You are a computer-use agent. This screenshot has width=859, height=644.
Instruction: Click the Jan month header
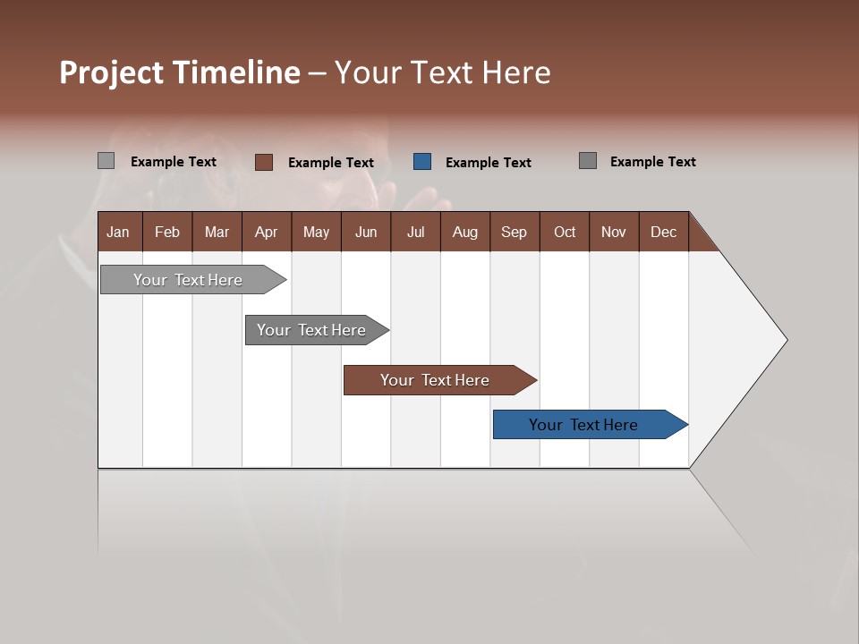[118, 232]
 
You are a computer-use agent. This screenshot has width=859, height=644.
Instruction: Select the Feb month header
[167, 232]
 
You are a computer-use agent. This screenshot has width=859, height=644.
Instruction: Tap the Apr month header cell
[266, 232]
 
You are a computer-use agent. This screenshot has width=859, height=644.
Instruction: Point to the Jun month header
[366, 232]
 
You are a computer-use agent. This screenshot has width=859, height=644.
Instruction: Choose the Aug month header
[464, 232]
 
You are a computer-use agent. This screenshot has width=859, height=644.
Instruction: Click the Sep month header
[514, 232]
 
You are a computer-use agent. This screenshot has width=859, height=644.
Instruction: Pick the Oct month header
[565, 232]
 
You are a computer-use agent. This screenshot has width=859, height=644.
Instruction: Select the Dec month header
[663, 232]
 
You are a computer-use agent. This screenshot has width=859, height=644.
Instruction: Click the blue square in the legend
[422, 162]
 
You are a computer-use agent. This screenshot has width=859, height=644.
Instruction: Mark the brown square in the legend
[264, 162]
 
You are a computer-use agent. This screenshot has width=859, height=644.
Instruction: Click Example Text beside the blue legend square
[489, 163]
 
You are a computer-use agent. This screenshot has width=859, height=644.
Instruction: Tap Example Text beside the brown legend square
[331, 163]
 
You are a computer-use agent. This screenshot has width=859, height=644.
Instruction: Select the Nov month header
[614, 232]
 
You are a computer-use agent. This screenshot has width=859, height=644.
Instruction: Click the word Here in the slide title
[516, 72]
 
